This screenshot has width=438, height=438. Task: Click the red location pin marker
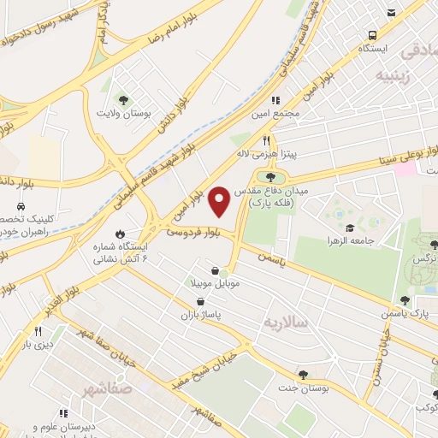[x=219, y=201]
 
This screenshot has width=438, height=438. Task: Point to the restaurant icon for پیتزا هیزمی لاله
[x=267, y=140]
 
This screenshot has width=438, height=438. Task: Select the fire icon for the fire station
[x=120, y=233]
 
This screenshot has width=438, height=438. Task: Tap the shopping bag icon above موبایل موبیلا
[x=226, y=270]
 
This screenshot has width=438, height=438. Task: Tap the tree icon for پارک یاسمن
[x=405, y=300]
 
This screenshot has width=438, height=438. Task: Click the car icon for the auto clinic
[x=20, y=206]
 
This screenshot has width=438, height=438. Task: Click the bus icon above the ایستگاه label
[x=372, y=35]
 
